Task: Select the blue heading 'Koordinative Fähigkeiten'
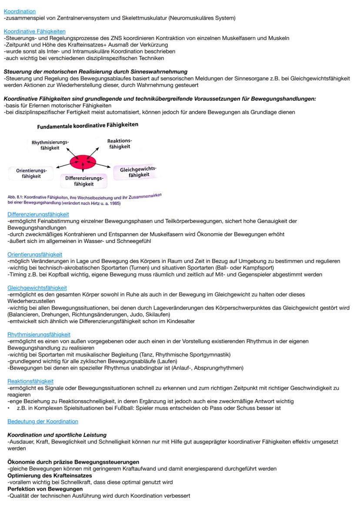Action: [35, 31]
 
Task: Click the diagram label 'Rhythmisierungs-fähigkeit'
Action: [50, 145]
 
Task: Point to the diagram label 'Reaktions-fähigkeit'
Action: [120, 144]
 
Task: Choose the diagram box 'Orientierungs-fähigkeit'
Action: [31, 173]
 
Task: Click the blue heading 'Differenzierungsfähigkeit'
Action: [38, 214]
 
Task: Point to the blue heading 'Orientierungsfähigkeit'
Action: [35, 254]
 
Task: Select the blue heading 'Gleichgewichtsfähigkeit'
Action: [37, 288]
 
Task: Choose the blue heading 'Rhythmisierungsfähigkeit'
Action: [39, 335]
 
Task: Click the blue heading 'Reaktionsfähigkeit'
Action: [30, 381]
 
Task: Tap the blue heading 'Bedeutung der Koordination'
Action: [43, 421]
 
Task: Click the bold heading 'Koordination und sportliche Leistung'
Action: [57, 435]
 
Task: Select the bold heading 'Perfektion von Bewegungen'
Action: [45, 489]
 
